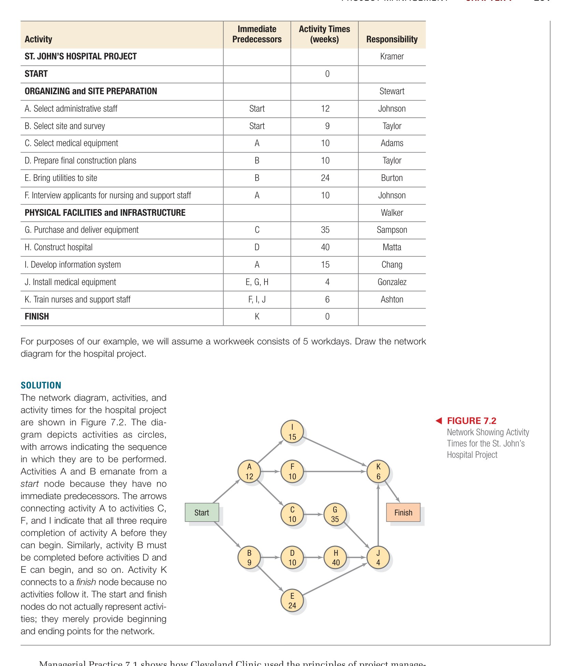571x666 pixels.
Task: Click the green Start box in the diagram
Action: (201, 512)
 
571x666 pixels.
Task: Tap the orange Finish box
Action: (403, 512)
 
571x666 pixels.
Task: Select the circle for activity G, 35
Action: (335, 514)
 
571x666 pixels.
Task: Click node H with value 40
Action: (336, 557)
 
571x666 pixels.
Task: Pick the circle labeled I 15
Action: (292, 432)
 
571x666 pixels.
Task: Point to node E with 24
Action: (292, 600)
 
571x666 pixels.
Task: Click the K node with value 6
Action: (378, 471)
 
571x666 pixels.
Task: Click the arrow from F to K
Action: (334, 471)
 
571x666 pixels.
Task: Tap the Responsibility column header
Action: (392, 39)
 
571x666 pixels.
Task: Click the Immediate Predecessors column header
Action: (257, 34)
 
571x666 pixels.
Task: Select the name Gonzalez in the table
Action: (392, 282)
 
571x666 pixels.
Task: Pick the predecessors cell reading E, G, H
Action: (257, 282)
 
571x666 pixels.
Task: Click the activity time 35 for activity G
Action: (325, 230)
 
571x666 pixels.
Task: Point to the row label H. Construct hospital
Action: (59, 247)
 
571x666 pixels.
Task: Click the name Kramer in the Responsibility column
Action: (392, 56)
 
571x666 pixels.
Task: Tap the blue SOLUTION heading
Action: (41, 385)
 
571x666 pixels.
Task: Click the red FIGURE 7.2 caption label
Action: (471, 421)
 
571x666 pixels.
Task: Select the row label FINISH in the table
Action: (37, 316)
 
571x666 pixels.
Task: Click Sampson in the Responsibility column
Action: (392, 230)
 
